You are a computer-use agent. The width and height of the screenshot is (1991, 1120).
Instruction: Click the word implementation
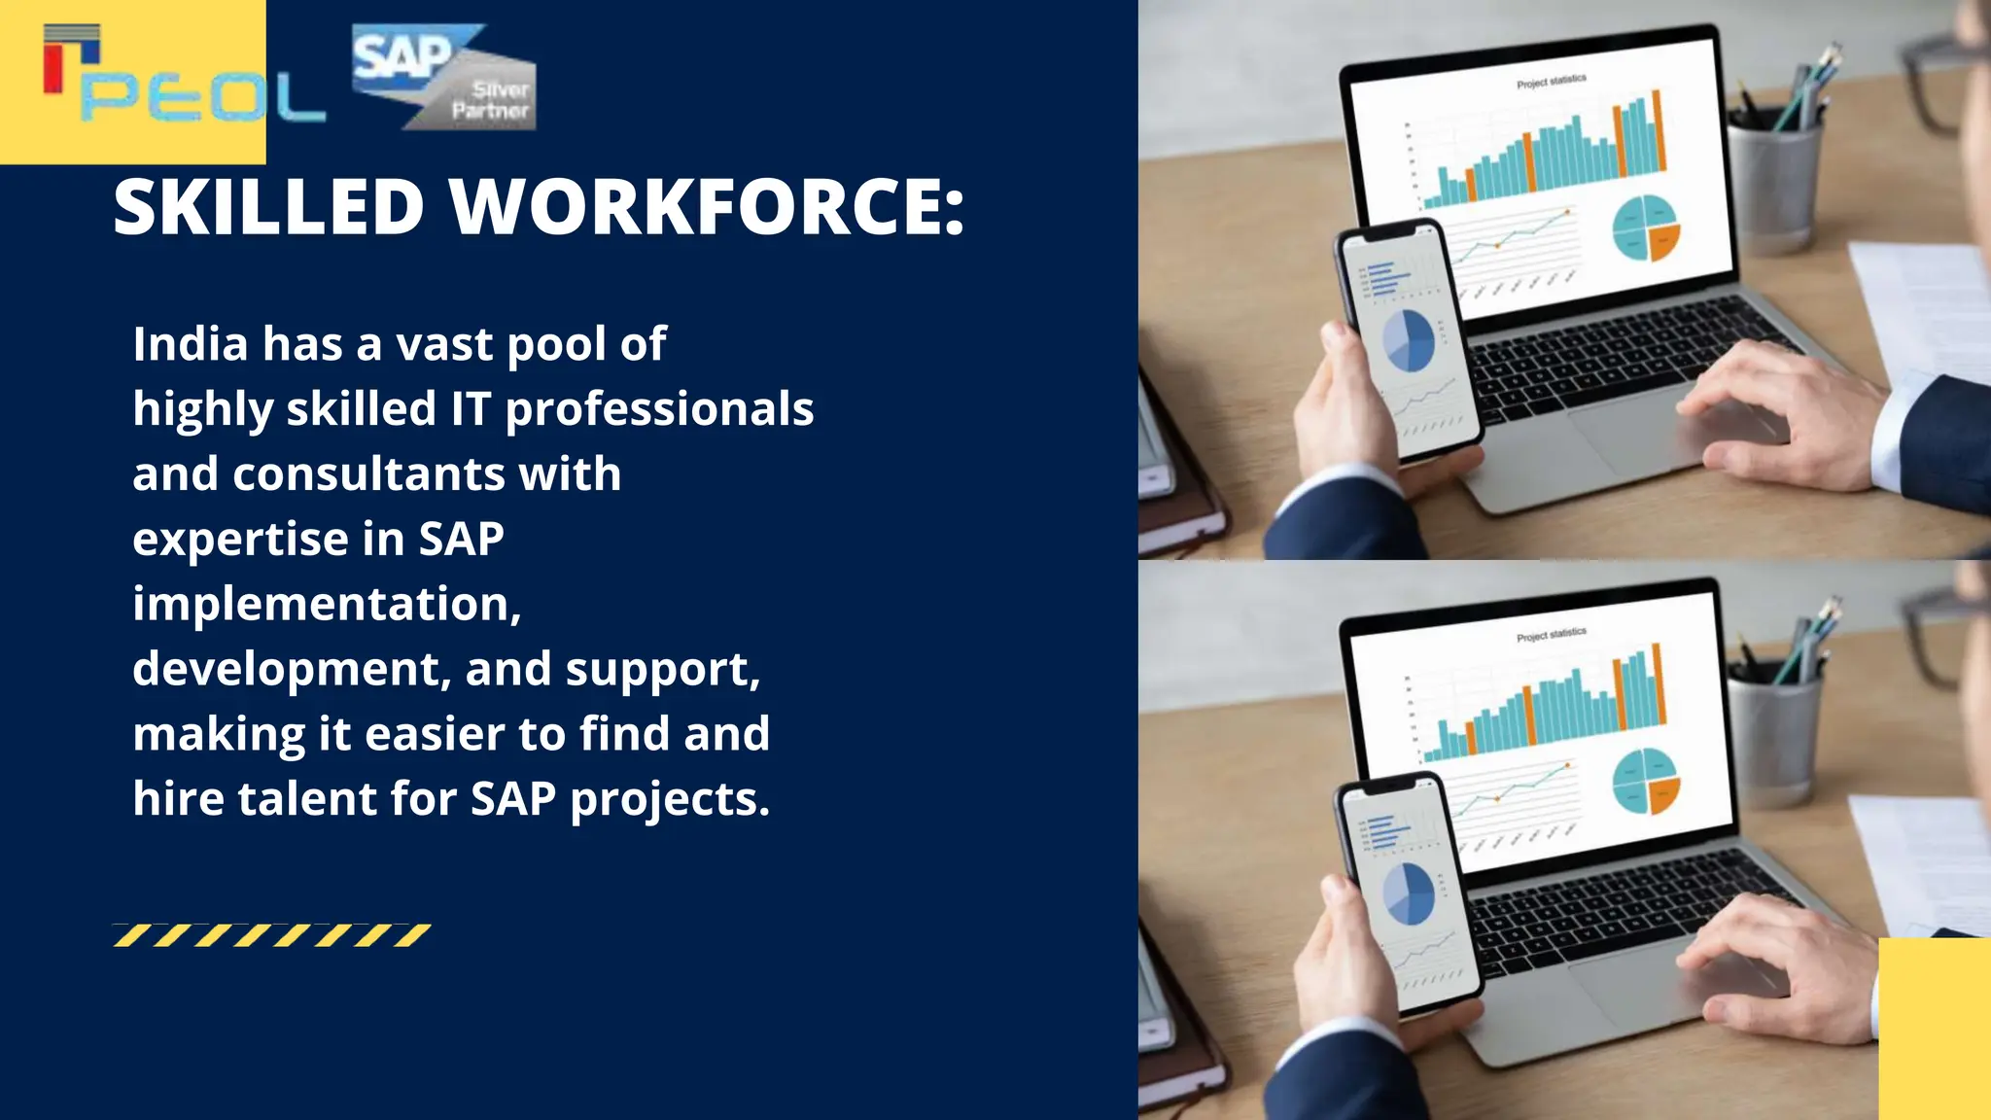click(326, 604)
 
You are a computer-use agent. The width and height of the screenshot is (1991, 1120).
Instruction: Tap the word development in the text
click(290, 670)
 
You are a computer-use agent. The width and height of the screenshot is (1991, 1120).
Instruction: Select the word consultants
click(368, 474)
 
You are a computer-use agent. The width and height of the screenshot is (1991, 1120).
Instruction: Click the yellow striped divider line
click(272, 935)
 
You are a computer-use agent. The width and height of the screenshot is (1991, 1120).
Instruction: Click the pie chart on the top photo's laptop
click(1646, 228)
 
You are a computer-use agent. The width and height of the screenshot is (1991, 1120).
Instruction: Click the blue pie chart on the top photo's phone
click(1409, 340)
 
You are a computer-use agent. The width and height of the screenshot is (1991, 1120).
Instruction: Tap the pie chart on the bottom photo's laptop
click(1646, 782)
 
